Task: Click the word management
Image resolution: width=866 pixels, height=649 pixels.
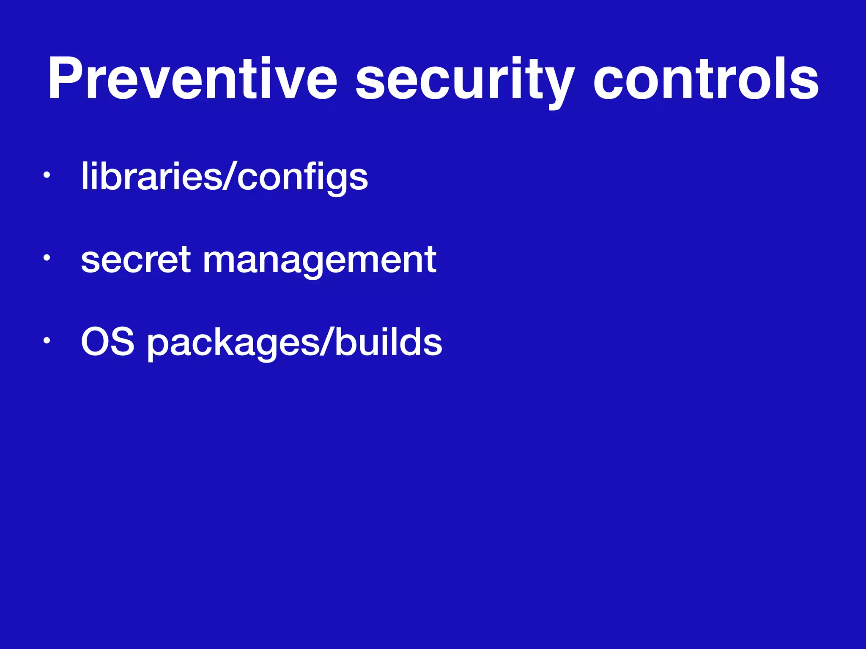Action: pos(320,261)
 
